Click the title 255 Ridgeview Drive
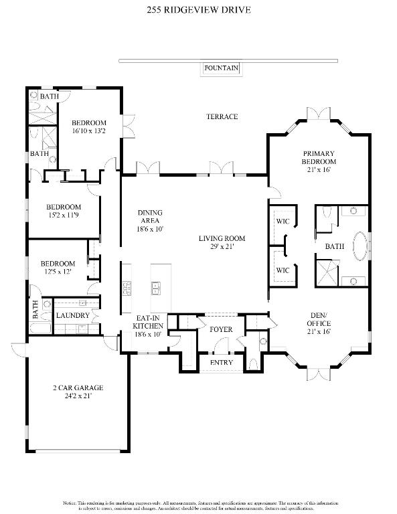coord(199,11)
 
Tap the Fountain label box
coord(221,68)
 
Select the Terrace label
coord(222,116)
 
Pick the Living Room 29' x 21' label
coord(222,242)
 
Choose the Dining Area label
coord(150,221)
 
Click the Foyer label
coord(221,329)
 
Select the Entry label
coord(221,363)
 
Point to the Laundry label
coord(72,315)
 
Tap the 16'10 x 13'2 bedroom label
coord(89,126)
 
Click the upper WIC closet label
coord(283,222)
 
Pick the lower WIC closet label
coord(283,270)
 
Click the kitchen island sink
coord(157,288)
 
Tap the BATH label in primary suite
coord(335,246)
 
